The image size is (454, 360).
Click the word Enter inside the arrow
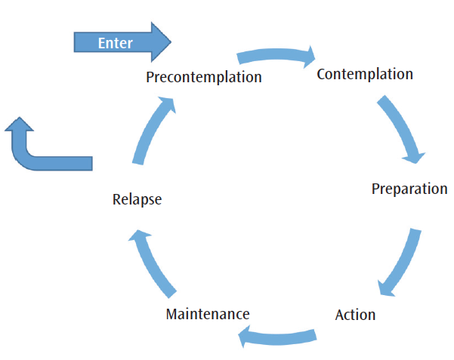coord(116,43)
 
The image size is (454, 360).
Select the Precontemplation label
coord(204,77)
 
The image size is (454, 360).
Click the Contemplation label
coord(365,75)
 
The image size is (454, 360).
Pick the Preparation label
coord(409,189)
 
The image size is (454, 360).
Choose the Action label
coord(355,315)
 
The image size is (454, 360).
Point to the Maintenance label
coord(208,314)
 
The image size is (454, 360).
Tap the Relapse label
coord(137,200)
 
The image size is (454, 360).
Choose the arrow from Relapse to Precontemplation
coord(151,131)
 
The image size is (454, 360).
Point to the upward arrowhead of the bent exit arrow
coord(19,125)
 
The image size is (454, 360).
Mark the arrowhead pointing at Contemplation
coord(309,57)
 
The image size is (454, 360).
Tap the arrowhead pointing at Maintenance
coord(245,337)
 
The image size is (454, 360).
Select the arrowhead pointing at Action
coord(385,288)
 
